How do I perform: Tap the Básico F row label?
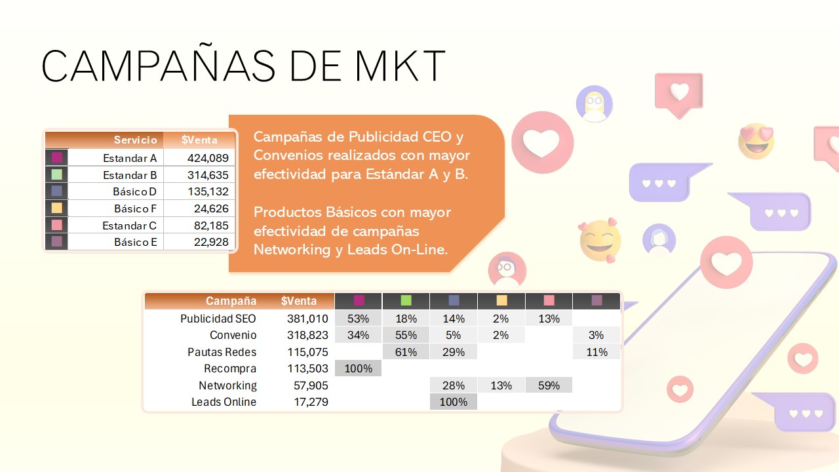tap(135, 208)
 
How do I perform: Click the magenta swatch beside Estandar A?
tap(56, 158)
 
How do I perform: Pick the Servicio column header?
tap(135, 140)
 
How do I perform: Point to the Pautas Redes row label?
tap(222, 352)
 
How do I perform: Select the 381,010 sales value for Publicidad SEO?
tap(307, 319)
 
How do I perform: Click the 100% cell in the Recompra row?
tap(358, 368)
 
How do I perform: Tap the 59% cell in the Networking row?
tap(549, 385)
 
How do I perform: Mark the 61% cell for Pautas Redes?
tap(406, 352)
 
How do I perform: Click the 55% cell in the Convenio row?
tap(406, 335)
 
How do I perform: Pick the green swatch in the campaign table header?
tap(406, 300)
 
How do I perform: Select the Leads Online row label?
tap(224, 402)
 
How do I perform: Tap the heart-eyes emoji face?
tap(756, 140)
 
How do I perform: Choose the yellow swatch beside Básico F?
tap(56, 208)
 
